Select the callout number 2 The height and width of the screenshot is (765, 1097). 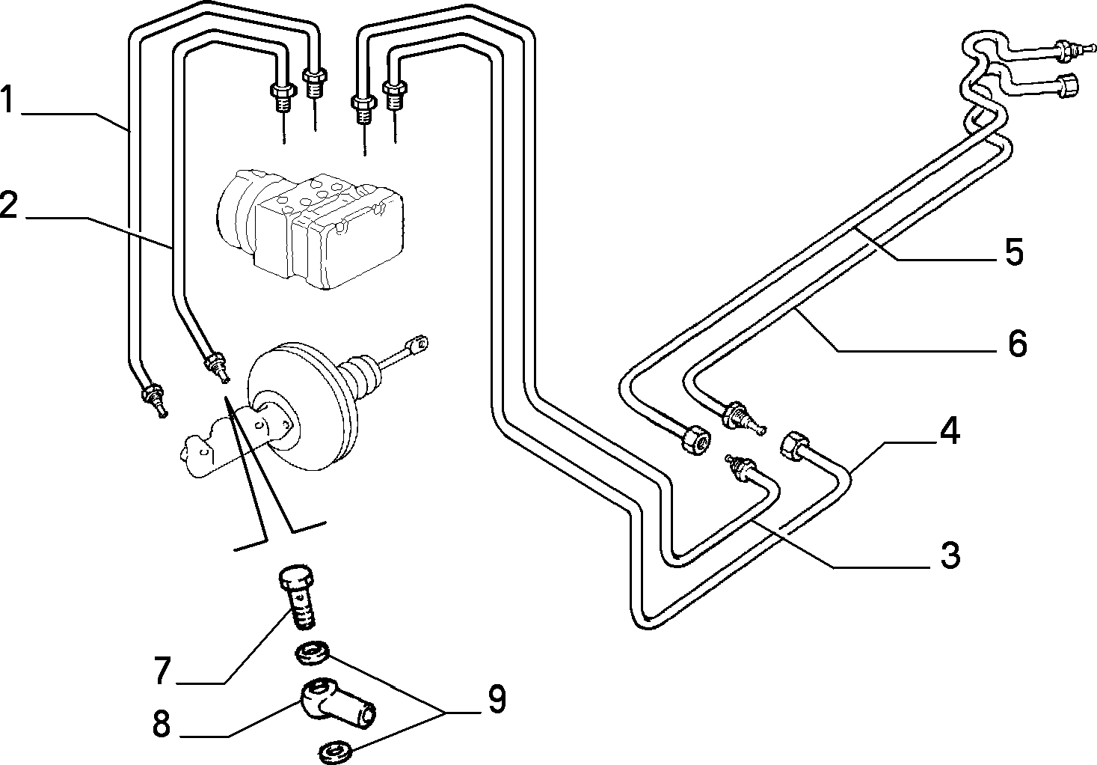[8, 204]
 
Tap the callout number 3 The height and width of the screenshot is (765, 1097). [950, 555]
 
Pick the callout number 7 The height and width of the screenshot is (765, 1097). [162, 670]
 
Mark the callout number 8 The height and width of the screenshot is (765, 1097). [161, 723]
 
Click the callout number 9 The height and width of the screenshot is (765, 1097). [496, 699]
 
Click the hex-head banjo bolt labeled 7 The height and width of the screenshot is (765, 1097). [298, 597]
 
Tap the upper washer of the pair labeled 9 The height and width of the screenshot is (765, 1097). [312, 653]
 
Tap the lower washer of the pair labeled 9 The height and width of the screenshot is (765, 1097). [336, 752]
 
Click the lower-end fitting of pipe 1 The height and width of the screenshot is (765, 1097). [154, 400]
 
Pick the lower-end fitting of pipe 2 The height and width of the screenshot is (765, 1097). [217, 367]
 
